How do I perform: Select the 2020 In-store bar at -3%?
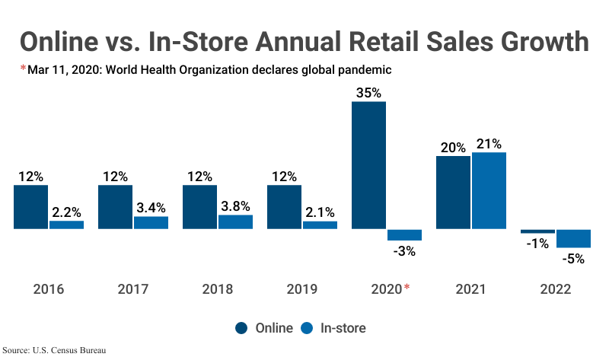point(404,234)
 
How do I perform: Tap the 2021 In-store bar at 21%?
point(489,190)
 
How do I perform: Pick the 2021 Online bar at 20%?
point(453,193)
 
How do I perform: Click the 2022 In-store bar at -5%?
point(573,238)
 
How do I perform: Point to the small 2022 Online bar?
point(537,231)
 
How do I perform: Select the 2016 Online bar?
point(30,206)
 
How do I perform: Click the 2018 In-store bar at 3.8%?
point(235,221)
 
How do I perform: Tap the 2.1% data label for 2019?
point(320,212)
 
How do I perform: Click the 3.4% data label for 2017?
point(151,207)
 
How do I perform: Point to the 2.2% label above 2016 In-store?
point(66,212)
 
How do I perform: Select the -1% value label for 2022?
point(537,244)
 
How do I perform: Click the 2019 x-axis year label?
point(301,289)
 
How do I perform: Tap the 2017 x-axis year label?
point(133,289)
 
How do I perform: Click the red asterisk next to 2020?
point(407,287)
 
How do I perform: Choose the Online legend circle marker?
point(241,328)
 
